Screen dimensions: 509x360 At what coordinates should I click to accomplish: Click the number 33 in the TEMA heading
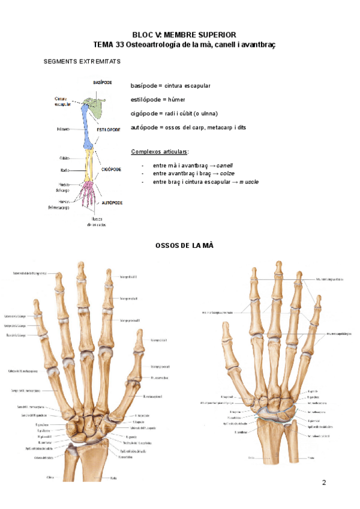tap(124, 44)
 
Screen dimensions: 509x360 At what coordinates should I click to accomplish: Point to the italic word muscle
tap(249, 182)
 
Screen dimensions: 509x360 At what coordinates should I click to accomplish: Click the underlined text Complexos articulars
tap(160, 151)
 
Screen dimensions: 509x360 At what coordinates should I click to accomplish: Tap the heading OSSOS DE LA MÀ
tap(184, 245)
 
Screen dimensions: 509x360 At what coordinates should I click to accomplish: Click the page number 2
tap(325, 483)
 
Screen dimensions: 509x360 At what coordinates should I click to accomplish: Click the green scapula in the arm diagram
tap(92, 107)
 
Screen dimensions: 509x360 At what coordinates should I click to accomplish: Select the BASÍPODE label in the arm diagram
tap(102, 82)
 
